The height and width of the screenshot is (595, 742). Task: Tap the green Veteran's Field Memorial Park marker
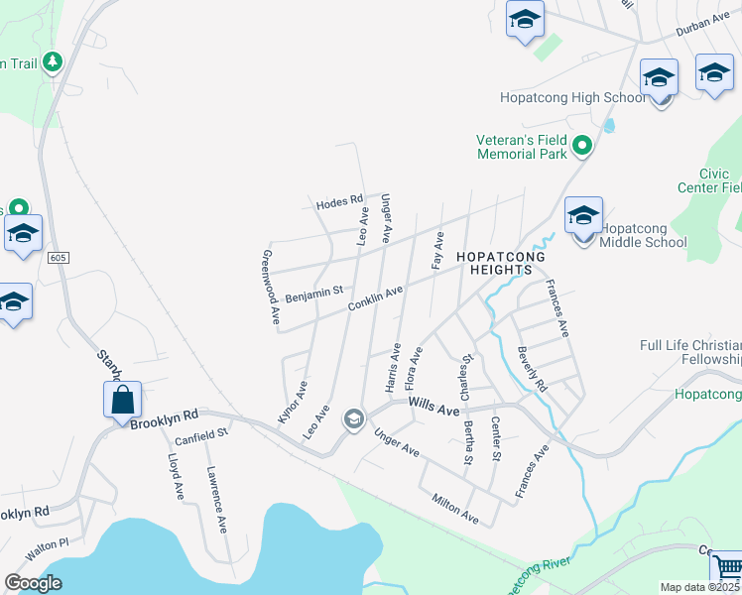tap(583, 147)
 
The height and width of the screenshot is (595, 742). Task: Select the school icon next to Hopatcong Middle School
tap(584, 217)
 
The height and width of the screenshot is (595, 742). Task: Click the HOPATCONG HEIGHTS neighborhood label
tap(501, 257)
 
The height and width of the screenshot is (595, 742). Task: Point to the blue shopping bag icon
tap(123, 401)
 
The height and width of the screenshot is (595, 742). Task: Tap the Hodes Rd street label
tap(340, 202)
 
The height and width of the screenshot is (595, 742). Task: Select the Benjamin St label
tap(313, 294)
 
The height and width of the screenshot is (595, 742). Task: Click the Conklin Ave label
tap(375, 297)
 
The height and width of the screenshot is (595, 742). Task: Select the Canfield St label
tap(201, 431)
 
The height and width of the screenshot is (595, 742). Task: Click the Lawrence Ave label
tap(217, 500)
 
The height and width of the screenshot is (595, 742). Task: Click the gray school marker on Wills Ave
tap(352, 420)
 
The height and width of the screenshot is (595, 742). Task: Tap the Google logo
tap(33, 583)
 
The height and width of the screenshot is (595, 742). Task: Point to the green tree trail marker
tap(52, 62)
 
